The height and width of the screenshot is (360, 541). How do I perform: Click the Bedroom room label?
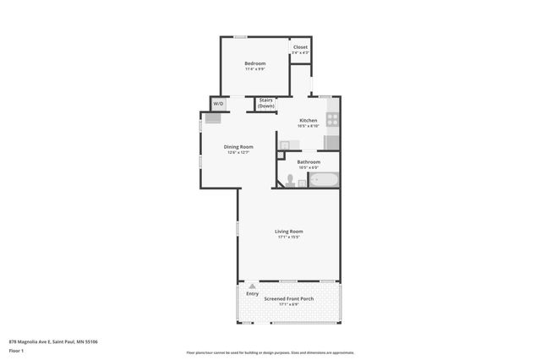pyautogui.click(x=255, y=63)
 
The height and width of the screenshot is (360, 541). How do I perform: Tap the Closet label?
pyautogui.click(x=300, y=46)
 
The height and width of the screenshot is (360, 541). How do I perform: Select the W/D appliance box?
pyautogui.click(x=218, y=104)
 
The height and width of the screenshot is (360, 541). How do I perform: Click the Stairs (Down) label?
pyautogui.click(x=265, y=103)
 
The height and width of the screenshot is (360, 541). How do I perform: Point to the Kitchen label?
pyautogui.click(x=309, y=120)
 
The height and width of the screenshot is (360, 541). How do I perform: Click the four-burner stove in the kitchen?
pyautogui.click(x=333, y=119)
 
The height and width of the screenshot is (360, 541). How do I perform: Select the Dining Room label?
pyautogui.click(x=238, y=146)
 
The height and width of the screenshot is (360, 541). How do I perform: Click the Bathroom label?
pyautogui.click(x=309, y=161)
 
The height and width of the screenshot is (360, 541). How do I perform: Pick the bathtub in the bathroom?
pyautogui.click(x=324, y=180)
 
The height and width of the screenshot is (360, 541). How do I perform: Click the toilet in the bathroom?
pyautogui.click(x=289, y=180)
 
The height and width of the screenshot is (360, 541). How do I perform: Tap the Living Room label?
pyautogui.click(x=288, y=231)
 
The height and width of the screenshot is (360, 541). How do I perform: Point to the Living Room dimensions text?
pyautogui.click(x=288, y=237)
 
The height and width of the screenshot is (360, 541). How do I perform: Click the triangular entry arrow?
pyautogui.click(x=252, y=286)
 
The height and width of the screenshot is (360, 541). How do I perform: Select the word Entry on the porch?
pyautogui.click(x=252, y=293)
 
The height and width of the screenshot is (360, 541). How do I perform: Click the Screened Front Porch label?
pyautogui.click(x=288, y=298)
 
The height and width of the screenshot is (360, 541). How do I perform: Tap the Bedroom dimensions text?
pyautogui.click(x=255, y=69)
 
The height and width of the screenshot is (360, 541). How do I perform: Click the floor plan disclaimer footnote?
pyautogui.click(x=270, y=352)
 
